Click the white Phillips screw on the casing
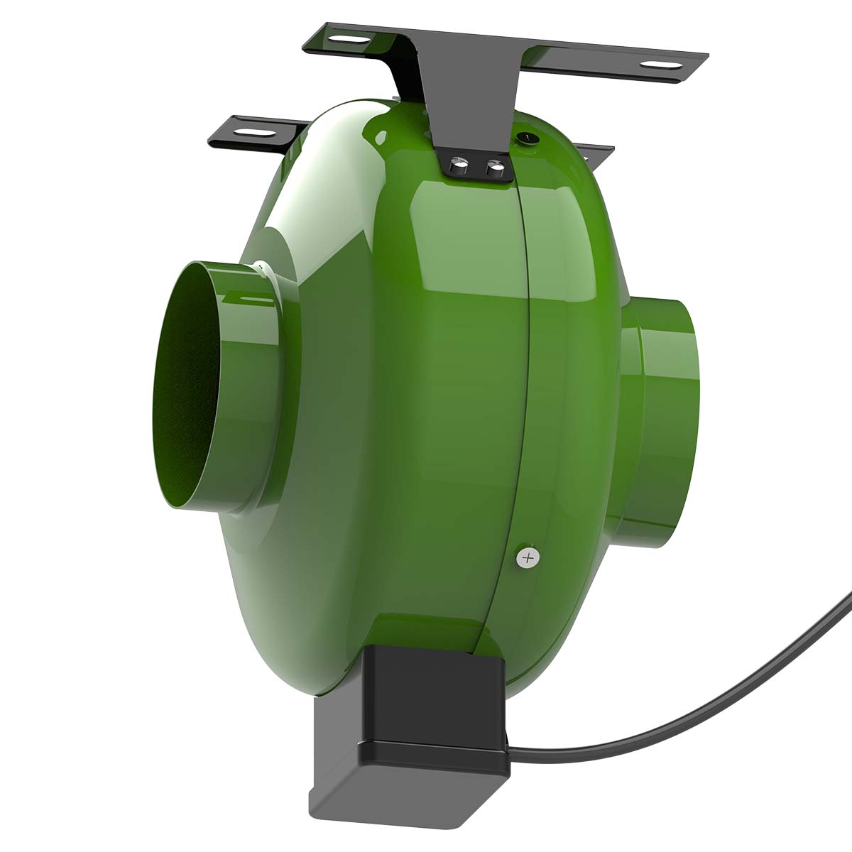pyautogui.click(x=527, y=557)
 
